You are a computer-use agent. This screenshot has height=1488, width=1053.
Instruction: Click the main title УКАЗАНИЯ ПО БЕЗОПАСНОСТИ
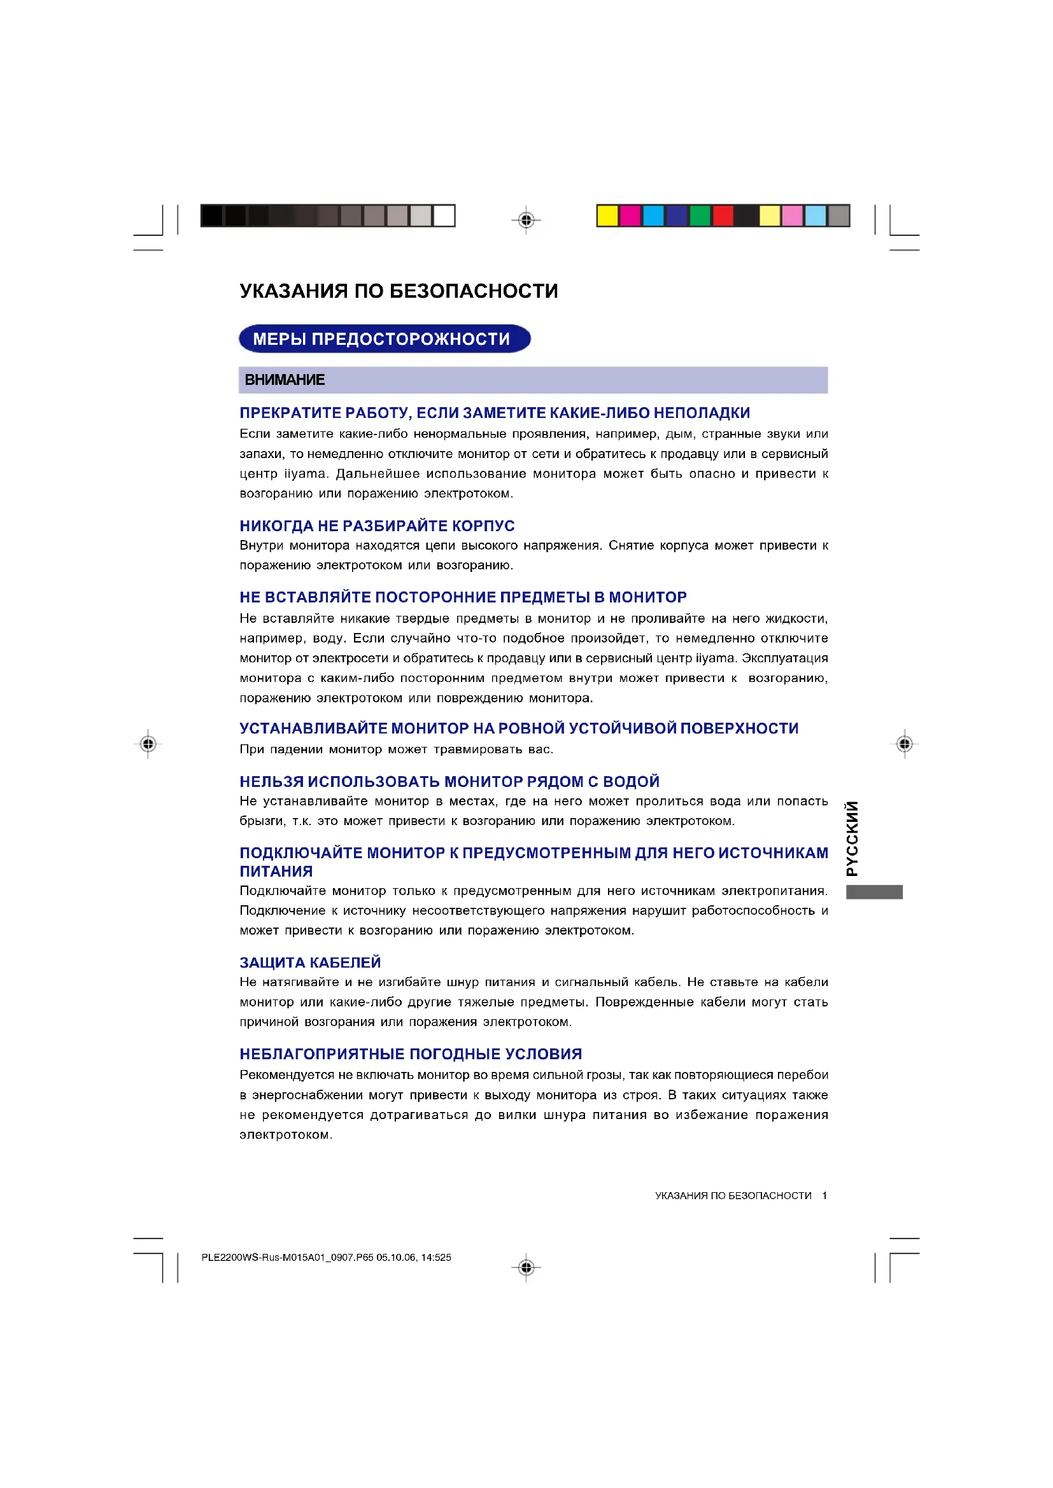pyautogui.click(x=398, y=291)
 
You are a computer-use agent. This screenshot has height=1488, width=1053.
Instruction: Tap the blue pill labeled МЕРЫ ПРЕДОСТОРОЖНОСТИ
pyautogui.click(x=385, y=338)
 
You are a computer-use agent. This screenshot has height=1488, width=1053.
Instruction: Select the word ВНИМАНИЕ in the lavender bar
pyautogui.click(x=285, y=380)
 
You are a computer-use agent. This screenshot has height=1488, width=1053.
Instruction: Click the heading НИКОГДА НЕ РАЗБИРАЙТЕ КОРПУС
pyautogui.click(x=377, y=525)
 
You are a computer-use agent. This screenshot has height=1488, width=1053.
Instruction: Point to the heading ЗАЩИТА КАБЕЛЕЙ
pyautogui.click(x=310, y=963)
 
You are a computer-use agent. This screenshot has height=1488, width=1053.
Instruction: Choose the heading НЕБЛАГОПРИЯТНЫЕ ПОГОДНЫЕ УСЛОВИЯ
pyautogui.click(x=411, y=1053)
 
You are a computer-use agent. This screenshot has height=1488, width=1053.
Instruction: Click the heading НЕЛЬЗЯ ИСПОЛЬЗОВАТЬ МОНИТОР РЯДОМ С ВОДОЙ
pyautogui.click(x=449, y=782)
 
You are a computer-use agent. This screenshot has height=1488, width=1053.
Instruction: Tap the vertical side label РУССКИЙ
pyautogui.click(x=852, y=838)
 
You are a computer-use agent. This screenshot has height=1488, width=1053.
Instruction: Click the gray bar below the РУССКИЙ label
pyautogui.click(x=874, y=892)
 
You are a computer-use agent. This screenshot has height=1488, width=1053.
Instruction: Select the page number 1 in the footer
pyautogui.click(x=824, y=1196)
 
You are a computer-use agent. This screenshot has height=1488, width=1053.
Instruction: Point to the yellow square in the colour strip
pyautogui.click(x=607, y=216)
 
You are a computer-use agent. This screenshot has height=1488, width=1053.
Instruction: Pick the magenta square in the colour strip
pyautogui.click(x=630, y=216)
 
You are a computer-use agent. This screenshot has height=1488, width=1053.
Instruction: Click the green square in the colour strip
pyautogui.click(x=700, y=216)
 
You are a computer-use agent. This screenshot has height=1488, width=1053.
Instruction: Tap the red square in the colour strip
pyautogui.click(x=723, y=216)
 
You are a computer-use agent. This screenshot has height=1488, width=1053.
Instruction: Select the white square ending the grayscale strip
pyautogui.click(x=444, y=216)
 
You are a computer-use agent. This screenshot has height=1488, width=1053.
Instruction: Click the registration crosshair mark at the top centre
pyautogui.click(x=526, y=220)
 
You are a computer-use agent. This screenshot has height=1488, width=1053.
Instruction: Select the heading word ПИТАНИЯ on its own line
pyautogui.click(x=276, y=872)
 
